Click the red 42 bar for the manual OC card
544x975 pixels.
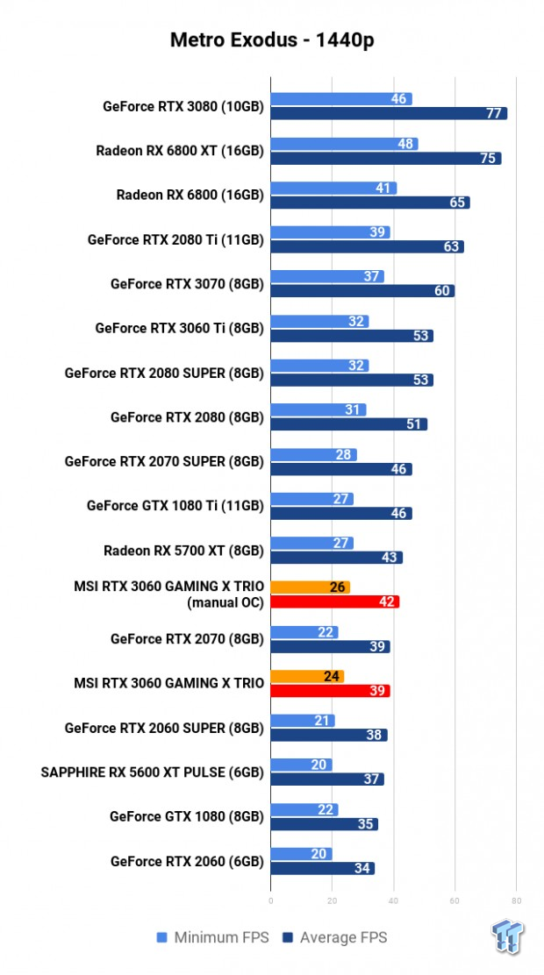coord(334,601)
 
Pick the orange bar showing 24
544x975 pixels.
coord(307,676)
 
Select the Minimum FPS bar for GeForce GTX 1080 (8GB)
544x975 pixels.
coord(304,809)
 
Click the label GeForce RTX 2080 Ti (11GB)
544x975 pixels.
coord(175,238)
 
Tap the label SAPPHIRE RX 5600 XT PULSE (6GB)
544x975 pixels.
coord(152,772)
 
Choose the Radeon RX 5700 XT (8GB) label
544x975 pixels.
coord(183,551)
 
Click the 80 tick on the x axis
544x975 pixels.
coord(516,900)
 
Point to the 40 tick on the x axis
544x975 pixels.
coord(393,900)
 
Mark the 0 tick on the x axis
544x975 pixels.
coord(271,900)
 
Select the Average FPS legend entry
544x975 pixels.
coord(334,937)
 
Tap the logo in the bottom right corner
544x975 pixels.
coord(508,936)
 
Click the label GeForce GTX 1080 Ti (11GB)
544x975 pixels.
coord(175,506)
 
